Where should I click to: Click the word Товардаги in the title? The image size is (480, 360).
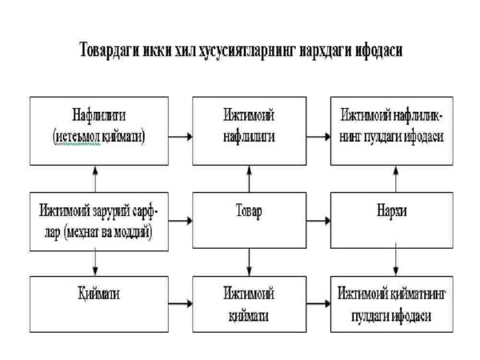[114, 50]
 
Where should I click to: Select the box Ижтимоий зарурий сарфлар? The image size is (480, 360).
[98, 218]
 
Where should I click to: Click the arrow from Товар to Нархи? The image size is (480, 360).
[318, 218]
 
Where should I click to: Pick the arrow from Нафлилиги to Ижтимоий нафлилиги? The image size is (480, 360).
[179, 135]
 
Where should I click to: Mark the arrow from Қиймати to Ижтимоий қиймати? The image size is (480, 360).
[179, 304]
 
